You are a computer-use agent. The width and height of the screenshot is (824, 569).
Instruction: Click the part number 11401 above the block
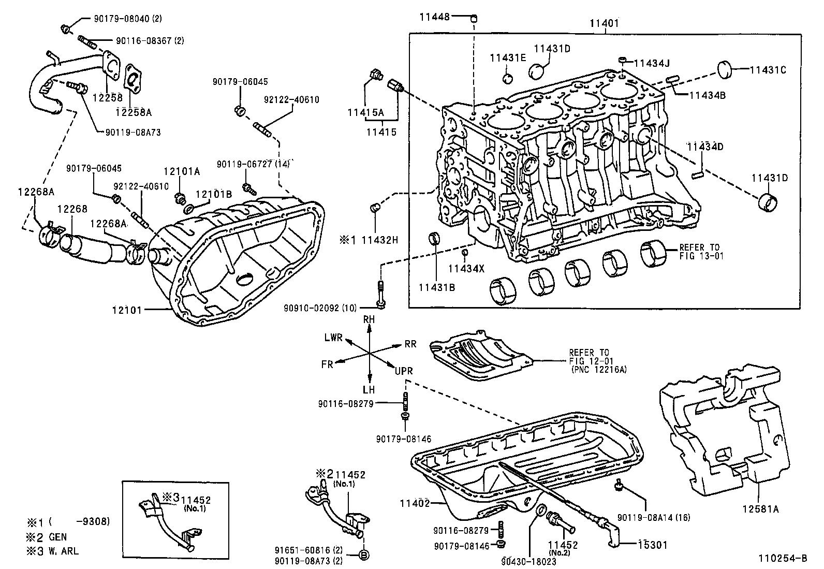(604, 23)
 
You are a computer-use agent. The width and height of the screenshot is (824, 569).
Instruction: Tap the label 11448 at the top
(435, 17)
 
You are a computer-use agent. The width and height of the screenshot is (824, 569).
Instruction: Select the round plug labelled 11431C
(726, 70)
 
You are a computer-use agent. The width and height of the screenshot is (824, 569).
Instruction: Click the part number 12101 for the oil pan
(127, 310)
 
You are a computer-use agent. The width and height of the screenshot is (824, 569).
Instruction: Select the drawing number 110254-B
(783, 558)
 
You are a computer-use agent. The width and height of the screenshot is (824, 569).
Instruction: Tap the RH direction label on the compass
(369, 320)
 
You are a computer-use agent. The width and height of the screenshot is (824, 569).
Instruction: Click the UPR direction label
(404, 371)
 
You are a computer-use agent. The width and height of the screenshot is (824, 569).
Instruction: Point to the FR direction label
(327, 364)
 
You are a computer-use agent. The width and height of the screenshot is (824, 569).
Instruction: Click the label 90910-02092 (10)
(320, 308)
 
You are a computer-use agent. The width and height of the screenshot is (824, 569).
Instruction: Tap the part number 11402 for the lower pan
(415, 503)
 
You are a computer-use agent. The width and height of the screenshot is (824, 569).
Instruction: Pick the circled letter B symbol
(364, 555)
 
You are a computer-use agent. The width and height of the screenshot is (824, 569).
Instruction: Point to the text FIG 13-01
(701, 256)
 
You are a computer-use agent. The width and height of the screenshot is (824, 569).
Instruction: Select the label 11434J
(652, 64)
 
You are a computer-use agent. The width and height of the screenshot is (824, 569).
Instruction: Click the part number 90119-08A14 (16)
(654, 517)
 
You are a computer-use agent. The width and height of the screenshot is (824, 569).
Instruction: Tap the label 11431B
(436, 287)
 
